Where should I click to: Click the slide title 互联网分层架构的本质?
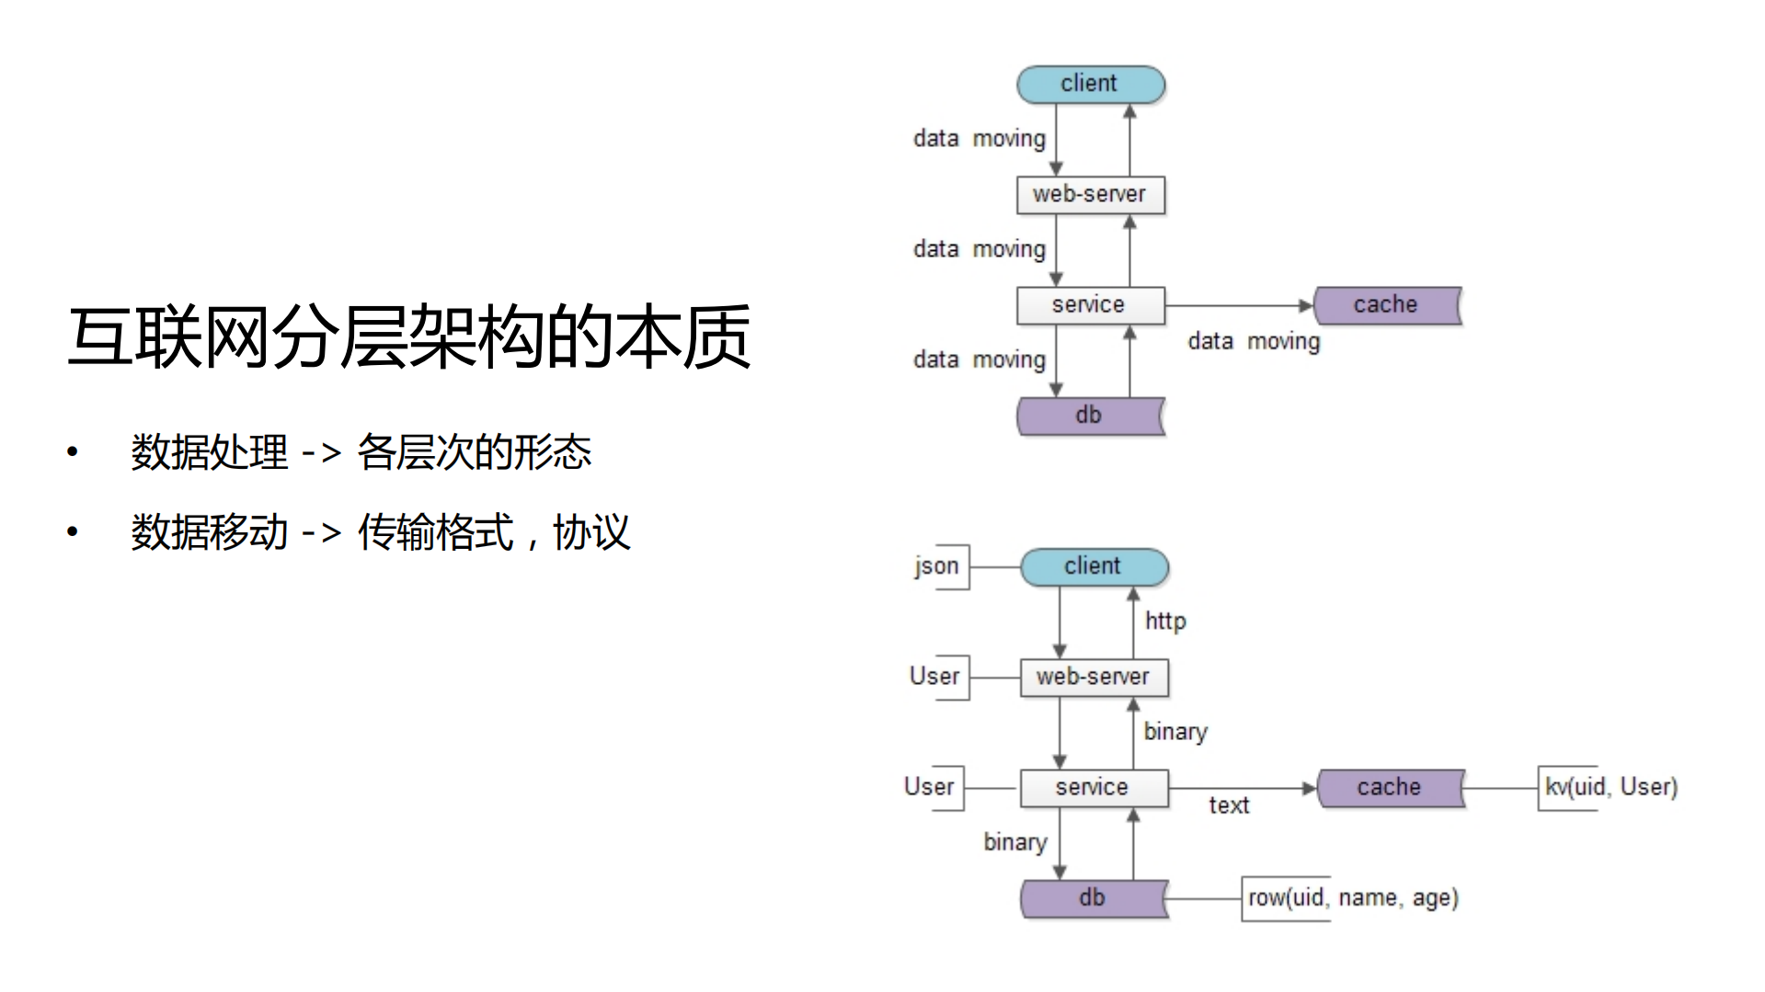coord(409,337)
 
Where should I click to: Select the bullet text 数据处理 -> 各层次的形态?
coord(361,451)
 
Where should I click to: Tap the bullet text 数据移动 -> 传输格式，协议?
coord(380,532)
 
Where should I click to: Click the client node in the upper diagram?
coord(1090,84)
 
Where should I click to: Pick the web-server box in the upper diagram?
coord(1090,195)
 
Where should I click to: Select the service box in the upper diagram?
coord(1090,305)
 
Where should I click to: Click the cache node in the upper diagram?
coord(1386,305)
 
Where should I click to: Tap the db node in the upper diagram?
coord(1090,416)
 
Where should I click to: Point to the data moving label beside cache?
coord(1254,342)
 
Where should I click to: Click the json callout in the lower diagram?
coord(937,566)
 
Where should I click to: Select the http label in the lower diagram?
coord(1165,621)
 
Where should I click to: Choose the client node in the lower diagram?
coord(1094,566)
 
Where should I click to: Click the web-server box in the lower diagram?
coord(1094,678)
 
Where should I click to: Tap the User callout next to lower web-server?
coord(935,677)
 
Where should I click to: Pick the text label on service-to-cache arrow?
coord(1229,806)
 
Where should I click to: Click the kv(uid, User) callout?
coord(1610,788)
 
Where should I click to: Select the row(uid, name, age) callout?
coord(1352,898)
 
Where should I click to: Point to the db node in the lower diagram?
coord(1094,898)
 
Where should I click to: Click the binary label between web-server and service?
coord(1175,732)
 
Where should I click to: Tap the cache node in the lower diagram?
coord(1390,788)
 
